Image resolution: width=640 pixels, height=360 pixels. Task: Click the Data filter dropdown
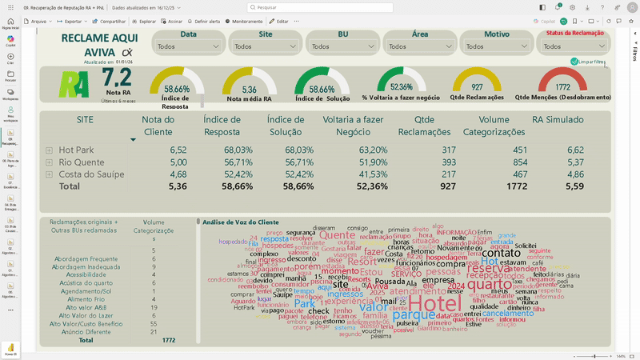tap(188, 46)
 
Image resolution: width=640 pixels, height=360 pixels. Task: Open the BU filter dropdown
tap(342, 46)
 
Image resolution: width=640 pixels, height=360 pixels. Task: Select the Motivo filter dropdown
tap(497, 46)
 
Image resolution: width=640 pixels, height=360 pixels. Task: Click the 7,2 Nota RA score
tap(117, 78)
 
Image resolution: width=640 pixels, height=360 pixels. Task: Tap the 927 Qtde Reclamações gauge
tap(477, 86)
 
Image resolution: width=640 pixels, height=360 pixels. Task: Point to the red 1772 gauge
tap(562, 86)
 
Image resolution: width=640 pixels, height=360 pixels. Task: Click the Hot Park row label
tap(76, 150)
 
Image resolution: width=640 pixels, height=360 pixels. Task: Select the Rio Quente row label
tap(80, 162)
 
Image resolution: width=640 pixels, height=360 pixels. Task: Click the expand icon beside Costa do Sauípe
tap(50, 174)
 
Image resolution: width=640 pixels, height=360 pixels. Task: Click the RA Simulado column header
tap(558, 120)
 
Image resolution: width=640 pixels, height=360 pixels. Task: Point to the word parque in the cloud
tap(414, 315)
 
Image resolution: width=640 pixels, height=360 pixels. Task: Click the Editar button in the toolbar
tap(278, 21)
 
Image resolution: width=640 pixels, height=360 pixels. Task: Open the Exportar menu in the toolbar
tap(72, 21)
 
